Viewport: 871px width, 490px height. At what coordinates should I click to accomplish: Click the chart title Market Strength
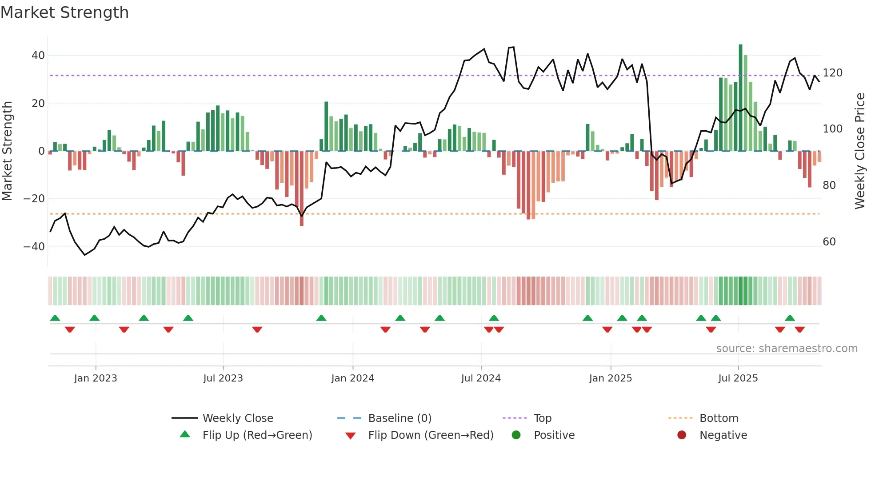pyautogui.click(x=64, y=12)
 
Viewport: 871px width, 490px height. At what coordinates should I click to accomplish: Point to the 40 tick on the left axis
pyautogui.click(x=38, y=56)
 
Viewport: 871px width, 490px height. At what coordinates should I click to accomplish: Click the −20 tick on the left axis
pyautogui.click(x=34, y=199)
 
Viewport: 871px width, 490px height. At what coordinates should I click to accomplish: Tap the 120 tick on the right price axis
pyautogui.click(x=832, y=73)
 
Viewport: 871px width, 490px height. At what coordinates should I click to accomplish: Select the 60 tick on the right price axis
pyautogui.click(x=829, y=242)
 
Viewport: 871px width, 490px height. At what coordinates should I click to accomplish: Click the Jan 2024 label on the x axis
pyautogui.click(x=352, y=378)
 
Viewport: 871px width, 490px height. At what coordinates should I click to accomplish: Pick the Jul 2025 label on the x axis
pyautogui.click(x=738, y=378)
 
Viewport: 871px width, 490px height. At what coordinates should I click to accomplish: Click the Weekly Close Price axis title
pyautogui.click(x=860, y=151)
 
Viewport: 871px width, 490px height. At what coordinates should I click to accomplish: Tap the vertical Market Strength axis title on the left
pyautogui.click(x=8, y=151)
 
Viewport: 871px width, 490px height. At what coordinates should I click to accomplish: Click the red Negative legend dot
pyautogui.click(x=682, y=435)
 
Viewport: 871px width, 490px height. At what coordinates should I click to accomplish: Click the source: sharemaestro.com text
pyautogui.click(x=787, y=349)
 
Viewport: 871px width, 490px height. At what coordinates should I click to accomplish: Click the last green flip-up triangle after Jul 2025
pyautogui.click(x=790, y=318)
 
